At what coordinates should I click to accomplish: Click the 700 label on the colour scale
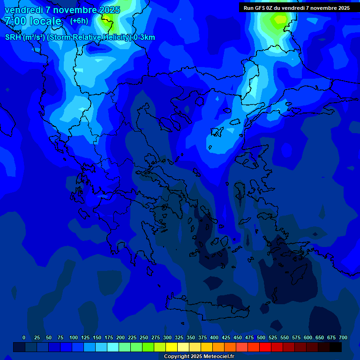pos(343,337)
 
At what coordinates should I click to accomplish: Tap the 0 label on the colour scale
pos(24,337)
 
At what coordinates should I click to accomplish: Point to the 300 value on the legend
pos(167,337)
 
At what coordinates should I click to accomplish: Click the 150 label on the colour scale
pos(97,337)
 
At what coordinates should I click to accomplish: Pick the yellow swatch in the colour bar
pos(172,347)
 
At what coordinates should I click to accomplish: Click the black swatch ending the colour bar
pos(336,347)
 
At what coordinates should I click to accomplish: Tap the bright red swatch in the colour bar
pos(265,347)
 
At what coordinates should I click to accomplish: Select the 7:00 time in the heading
pos(15,21)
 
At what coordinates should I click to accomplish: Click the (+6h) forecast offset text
pos(79,21)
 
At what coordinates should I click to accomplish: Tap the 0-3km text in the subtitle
pos(144,37)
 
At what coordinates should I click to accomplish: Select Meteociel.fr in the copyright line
pos(219,357)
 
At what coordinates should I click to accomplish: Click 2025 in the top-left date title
pos(110,10)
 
